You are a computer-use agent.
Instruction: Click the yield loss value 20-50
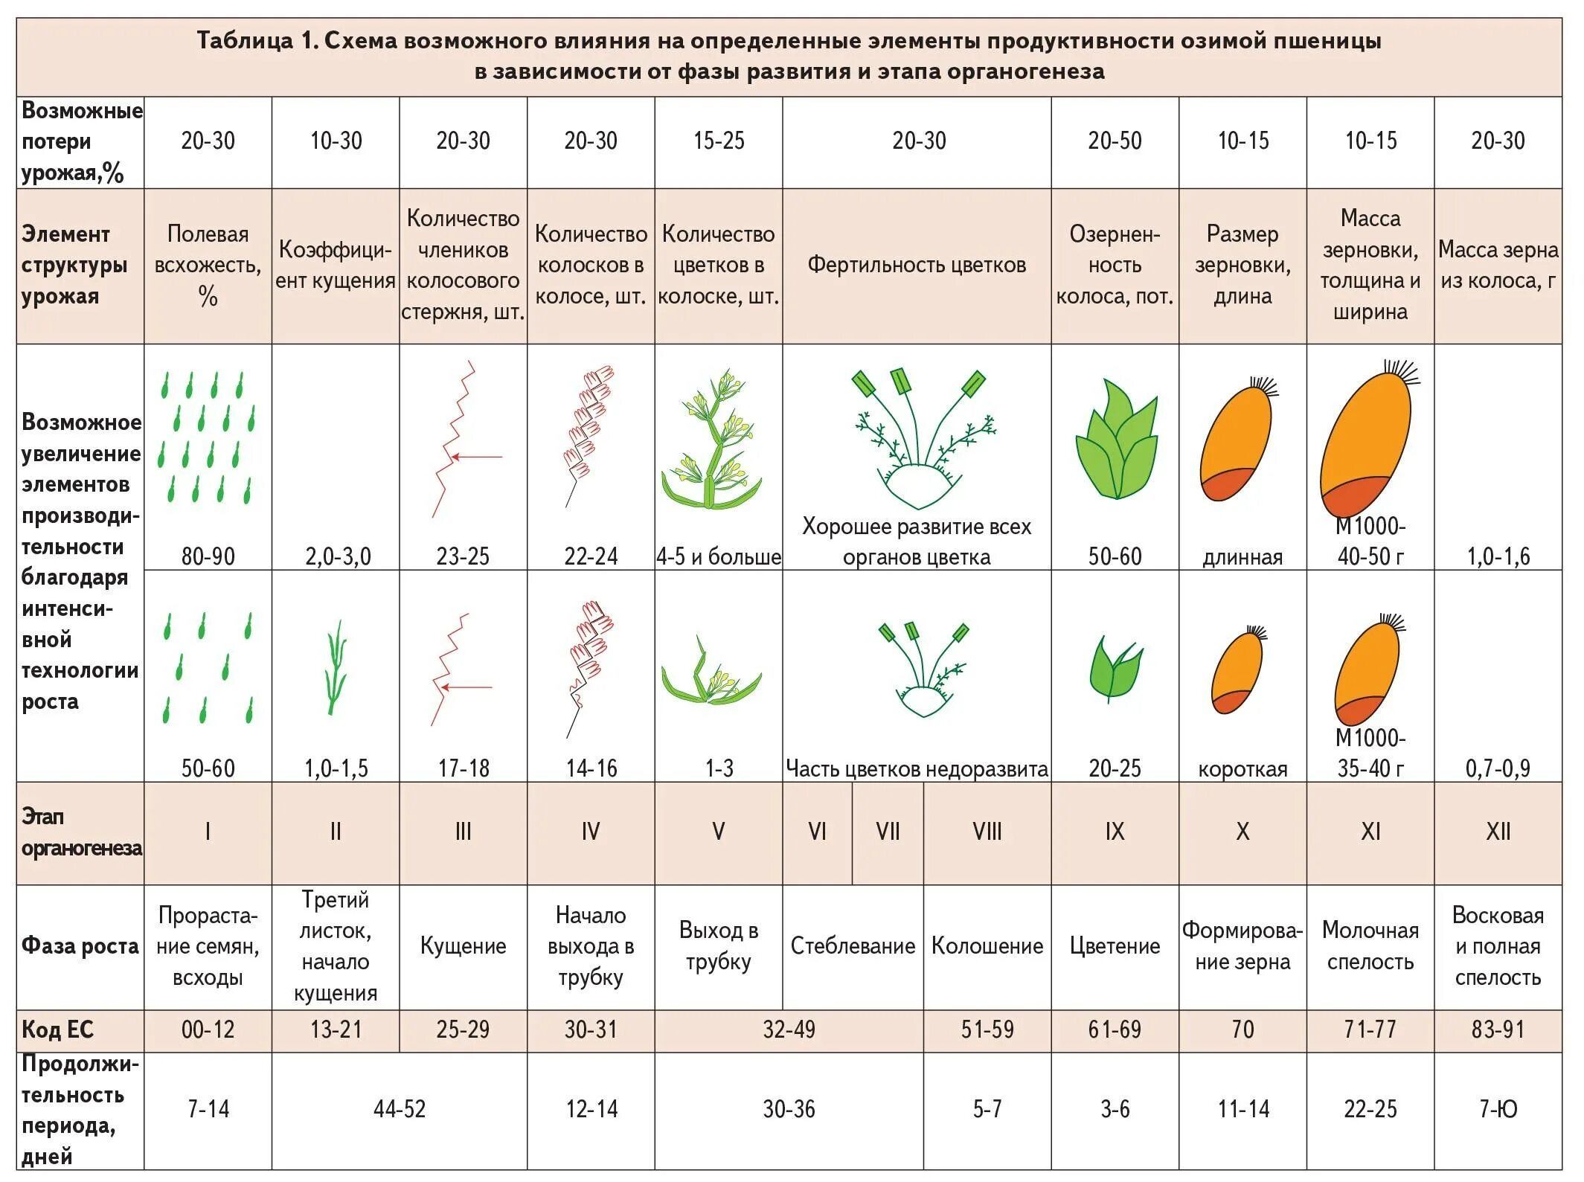pos(1114,141)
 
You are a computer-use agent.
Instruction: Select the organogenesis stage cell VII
pos(888,831)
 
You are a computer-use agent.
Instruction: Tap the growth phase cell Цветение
pos(1115,945)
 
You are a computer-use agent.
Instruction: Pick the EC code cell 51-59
pos(987,1030)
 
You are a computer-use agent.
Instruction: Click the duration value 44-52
pos(400,1109)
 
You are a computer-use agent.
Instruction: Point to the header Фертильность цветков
pos(917,265)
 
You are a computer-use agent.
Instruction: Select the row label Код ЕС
pos(58,1030)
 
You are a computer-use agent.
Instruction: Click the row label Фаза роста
pos(80,945)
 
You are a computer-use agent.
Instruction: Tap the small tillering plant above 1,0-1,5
pos(336,667)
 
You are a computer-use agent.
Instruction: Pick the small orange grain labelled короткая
pos(1237,671)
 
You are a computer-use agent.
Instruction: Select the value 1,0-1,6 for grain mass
pos(1498,556)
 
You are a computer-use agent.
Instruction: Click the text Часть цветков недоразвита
pos(917,768)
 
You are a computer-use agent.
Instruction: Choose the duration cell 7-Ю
pos(1498,1109)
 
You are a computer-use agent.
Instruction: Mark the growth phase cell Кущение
pos(463,945)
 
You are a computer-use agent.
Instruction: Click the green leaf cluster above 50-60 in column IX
pos(1115,441)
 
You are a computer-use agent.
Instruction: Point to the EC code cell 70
pos(1242,1030)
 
